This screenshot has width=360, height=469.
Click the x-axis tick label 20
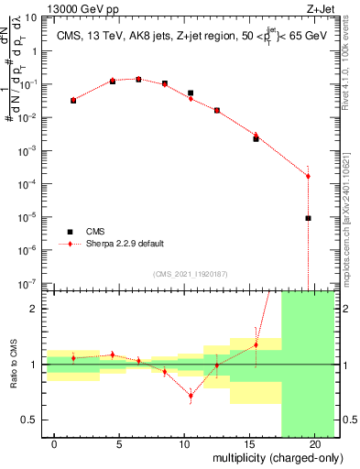point(308,443)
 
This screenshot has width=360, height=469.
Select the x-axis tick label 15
point(245,443)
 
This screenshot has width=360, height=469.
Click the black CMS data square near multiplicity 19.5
point(309,218)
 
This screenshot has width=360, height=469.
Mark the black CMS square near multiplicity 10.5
point(191,93)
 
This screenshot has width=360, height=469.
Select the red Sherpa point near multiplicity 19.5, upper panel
point(309,176)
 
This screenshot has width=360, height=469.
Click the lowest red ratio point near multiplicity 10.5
point(191,396)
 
